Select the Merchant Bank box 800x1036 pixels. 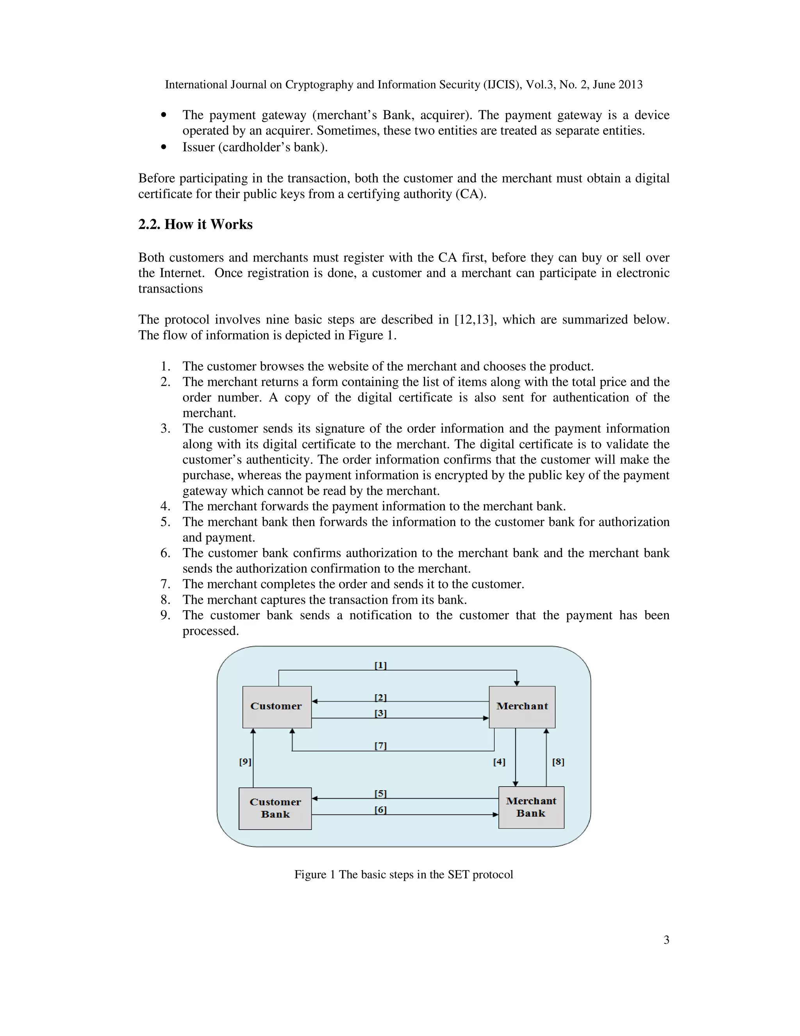click(x=531, y=807)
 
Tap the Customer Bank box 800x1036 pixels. click(x=275, y=808)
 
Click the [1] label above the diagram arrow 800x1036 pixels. click(x=380, y=665)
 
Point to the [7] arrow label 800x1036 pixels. click(x=380, y=746)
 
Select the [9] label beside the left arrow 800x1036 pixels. click(x=245, y=762)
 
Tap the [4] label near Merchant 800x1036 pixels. click(x=499, y=762)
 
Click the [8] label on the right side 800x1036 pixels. click(x=558, y=762)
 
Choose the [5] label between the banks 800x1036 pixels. click(x=380, y=793)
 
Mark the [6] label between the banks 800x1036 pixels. click(x=380, y=810)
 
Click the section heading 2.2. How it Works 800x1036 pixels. click(x=195, y=224)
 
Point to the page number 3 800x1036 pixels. click(x=666, y=940)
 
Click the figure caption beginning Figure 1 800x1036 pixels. click(x=403, y=874)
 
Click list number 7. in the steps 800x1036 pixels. click(x=165, y=584)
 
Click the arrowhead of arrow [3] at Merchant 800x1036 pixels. click(x=486, y=718)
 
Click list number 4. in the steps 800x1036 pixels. click(x=165, y=506)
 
